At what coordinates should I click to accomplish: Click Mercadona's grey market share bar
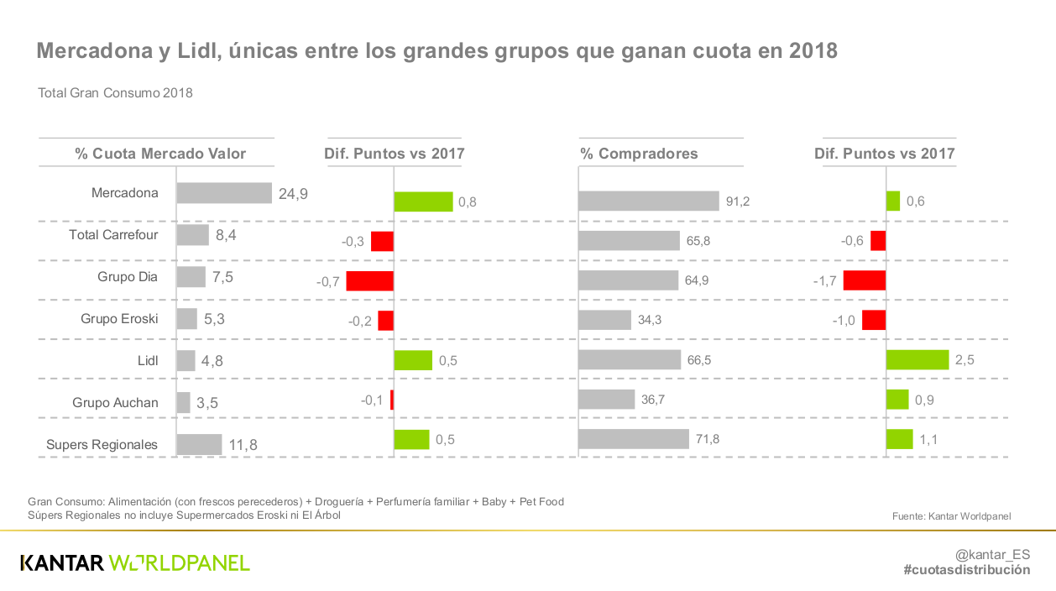224,193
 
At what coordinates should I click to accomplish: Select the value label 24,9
293,194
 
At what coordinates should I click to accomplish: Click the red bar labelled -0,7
369,280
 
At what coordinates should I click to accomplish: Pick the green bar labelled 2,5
917,359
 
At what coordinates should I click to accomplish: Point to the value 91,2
738,201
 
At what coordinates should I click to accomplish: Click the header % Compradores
639,154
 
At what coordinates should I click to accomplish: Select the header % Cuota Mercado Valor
160,154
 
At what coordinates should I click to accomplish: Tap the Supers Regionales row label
102,444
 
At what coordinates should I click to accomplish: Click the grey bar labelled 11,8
199,444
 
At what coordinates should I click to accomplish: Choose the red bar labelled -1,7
865,280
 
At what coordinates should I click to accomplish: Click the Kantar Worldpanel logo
135,562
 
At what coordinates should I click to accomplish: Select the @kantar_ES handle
992,554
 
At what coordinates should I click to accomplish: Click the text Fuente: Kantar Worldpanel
951,516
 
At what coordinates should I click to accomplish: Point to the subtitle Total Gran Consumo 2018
115,93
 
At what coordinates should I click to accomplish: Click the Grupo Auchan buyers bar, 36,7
606,399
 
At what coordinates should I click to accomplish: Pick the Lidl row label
148,360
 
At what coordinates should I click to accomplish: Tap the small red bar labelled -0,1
392,400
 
